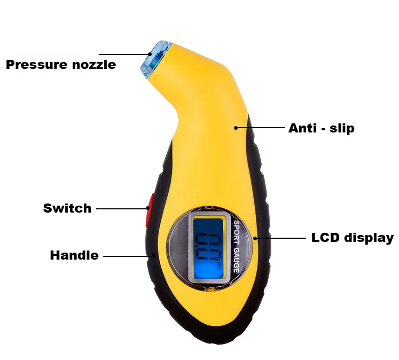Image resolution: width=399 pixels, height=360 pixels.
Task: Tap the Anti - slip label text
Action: pos(321,129)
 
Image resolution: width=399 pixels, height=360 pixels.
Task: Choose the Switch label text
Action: pos(67,208)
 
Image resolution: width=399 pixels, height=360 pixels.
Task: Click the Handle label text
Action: pos(74,255)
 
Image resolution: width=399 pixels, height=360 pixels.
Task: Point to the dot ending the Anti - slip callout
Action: pos(236,128)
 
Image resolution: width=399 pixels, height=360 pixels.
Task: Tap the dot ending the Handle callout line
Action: pos(154,256)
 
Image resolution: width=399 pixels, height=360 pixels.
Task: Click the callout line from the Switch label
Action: pos(121,208)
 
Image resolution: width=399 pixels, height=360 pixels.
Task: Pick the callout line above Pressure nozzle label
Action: pos(124,54)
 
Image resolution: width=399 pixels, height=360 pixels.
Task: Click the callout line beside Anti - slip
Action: pos(261,128)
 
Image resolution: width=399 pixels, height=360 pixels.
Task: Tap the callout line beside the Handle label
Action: pos(128,256)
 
